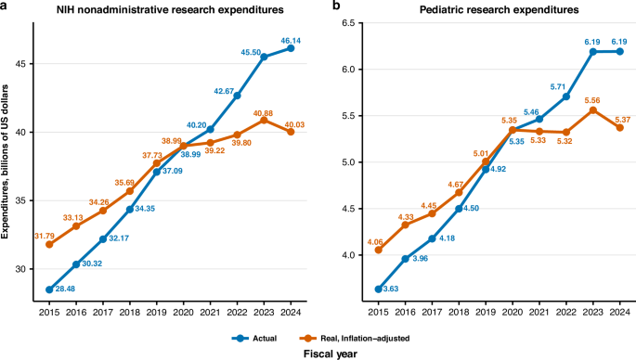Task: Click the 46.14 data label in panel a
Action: (291, 41)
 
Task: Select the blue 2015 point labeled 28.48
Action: (49, 289)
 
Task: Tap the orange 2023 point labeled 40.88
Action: (264, 120)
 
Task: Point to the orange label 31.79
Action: (45, 236)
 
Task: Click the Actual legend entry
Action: (254, 338)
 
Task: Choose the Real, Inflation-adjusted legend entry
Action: (354, 338)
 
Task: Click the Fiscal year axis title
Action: (331, 354)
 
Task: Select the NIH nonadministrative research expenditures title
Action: (170, 9)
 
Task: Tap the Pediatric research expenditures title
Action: (499, 9)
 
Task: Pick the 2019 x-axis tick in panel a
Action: (156, 312)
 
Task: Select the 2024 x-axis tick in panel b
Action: (620, 312)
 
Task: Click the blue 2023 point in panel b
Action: (593, 51)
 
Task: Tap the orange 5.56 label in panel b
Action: (592, 100)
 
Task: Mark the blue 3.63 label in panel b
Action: (391, 289)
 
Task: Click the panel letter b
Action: (335, 6)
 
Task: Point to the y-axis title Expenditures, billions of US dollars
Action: (5, 161)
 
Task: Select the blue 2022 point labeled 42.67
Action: (237, 96)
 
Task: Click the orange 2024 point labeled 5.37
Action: (620, 127)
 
